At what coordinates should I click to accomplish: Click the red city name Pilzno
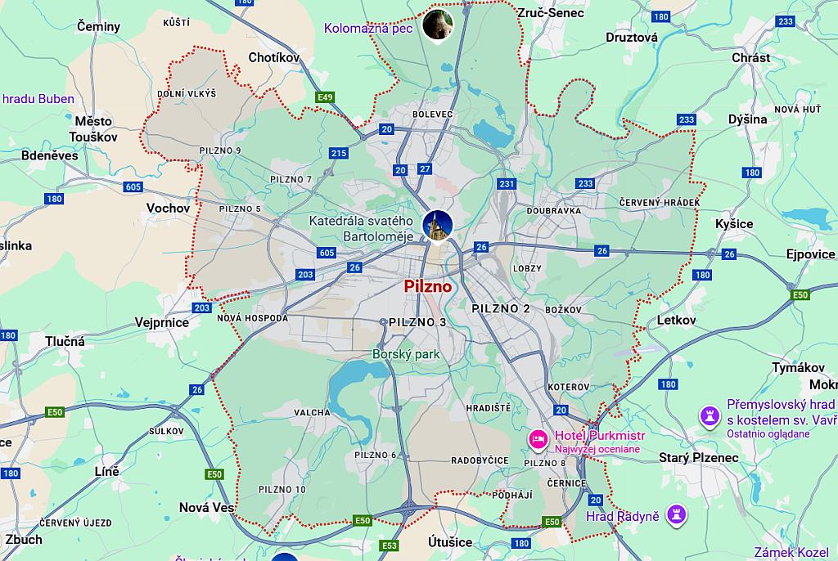point(427,287)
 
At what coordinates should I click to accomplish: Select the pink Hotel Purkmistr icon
point(538,439)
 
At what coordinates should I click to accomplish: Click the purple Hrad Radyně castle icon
point(677,514)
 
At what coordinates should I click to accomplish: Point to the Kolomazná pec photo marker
point(438,25)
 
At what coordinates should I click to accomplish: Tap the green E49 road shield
point(326,98)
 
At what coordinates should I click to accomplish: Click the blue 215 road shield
point(338,153)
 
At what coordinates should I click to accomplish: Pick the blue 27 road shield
point(424,169)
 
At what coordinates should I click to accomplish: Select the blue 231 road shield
point(507,184)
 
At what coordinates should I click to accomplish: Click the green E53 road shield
point(390,545)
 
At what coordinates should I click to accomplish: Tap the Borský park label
point(406,355)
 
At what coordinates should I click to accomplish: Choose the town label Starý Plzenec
point(698,458)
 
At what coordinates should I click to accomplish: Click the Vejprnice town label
point(162,323)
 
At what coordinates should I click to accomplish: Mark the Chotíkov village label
point(274,58)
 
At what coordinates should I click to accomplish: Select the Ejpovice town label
point(810,254)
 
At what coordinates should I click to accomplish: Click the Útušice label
point(450,542)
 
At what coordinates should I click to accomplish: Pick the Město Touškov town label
point(93,129)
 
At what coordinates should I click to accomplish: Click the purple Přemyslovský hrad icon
point(709,416)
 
